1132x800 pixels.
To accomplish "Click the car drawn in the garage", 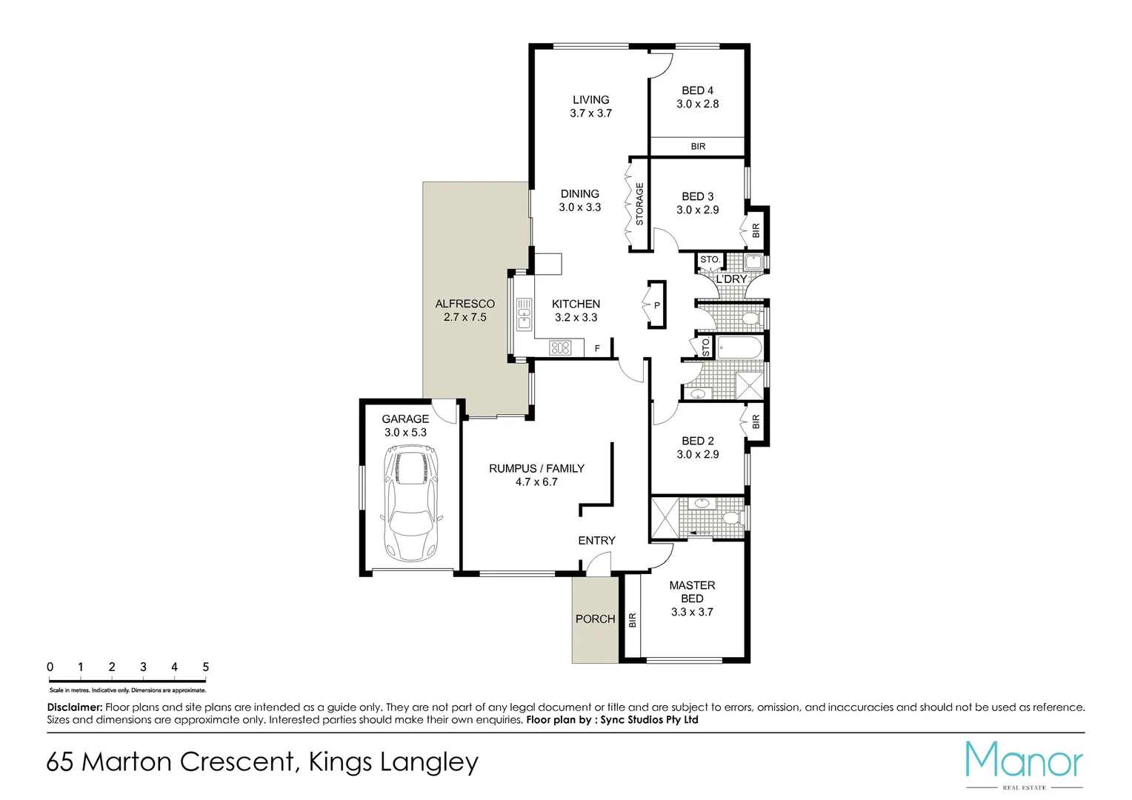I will (410, 503).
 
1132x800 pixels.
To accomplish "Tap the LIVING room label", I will (590, 100).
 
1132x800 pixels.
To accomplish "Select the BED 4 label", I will (697, 90).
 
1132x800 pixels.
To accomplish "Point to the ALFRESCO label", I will (465, 304).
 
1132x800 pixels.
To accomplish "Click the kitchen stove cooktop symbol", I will (560, 347).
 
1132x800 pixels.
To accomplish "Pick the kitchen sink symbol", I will (524, 313).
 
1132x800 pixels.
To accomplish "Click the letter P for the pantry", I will (657, 305).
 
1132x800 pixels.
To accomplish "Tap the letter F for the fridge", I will (597, 348).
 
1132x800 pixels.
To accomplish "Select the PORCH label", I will (595, 619).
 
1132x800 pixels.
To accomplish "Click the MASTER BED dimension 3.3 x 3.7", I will (692, 612).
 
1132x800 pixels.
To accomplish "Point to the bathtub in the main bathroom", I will (739, 347).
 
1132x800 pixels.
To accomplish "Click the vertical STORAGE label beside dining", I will (639, 204).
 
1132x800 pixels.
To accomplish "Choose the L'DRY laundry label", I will (731, 279).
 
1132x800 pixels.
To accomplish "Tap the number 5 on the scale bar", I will (205, 667).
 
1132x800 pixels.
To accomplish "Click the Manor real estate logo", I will (1024, 763).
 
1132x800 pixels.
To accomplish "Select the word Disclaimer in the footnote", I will (74, 707).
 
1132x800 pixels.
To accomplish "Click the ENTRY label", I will (596, 541).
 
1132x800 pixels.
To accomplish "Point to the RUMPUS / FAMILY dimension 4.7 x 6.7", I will (536, 482).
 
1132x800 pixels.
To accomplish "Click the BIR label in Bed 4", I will (698, 147).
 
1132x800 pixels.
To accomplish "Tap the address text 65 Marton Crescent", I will (170, 761).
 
